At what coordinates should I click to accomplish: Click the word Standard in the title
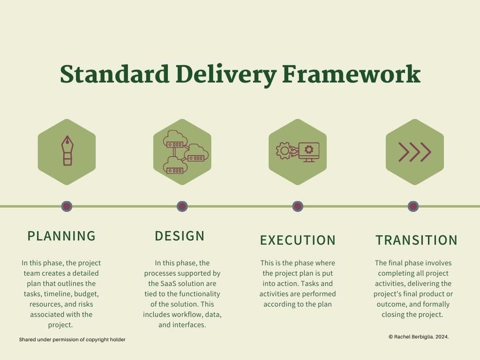tap(114, 74)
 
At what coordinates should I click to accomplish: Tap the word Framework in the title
tap(351, 74)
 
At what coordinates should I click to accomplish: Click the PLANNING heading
tap(61, 235)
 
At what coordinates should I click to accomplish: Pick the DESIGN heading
tap(180, 235)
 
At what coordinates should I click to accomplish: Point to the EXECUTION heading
tap(297, 240)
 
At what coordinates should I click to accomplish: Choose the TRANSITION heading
tap(416, 240)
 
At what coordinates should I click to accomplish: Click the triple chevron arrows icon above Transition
tap(414, 152)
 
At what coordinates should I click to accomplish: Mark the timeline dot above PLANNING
tap(66, 206)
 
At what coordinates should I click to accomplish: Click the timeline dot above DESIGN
tap(182, 206)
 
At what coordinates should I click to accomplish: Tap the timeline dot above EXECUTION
tap(297, 206)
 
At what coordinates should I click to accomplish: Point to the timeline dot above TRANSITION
tap(413, 206)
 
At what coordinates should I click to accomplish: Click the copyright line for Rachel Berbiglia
tap(418, 337)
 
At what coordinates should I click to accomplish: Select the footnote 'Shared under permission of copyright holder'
tap(72, 339)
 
